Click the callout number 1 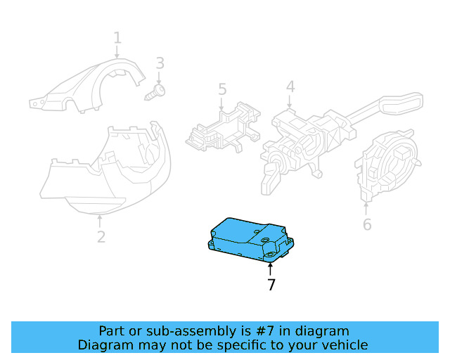click(117, 38)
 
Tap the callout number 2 click(101, 237)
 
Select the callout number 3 click(160, 63)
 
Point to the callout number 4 click(290, 86)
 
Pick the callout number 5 click(222, 89)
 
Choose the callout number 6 click(367, 224)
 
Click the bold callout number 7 click(271, 285)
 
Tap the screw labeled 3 click(155, 92)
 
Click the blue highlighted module click(250, 240)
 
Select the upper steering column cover click(86, 86)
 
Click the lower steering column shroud click(105, 169)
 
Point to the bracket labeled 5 click(223, 127)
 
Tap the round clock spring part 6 click(387, 165)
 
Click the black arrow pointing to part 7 click(270, 270)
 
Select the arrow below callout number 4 click(290, 102)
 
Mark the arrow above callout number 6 click(366, 209)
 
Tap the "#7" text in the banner click(266, 331)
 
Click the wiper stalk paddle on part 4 click(401, 103)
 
